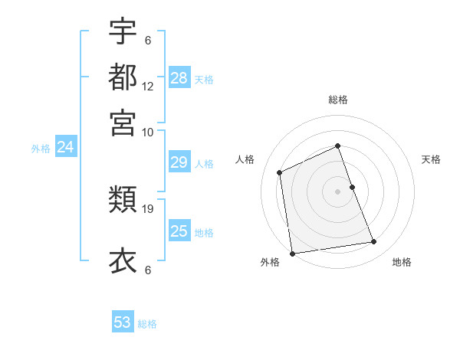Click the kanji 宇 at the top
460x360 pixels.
[x=123, y=32]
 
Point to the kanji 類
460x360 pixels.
[x=123, y=201]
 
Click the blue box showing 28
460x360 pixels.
[x=179, y=78]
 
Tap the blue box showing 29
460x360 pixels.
[x=179, y=162]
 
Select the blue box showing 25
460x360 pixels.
[x=179, y=231]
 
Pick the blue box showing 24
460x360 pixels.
[x=65, y=147]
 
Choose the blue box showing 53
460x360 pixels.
[x=123, y=322]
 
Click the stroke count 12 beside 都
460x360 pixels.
[x=148, y=87]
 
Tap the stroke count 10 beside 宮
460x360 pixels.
[x=148, y=132]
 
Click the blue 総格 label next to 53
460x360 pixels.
[x=147, y=324]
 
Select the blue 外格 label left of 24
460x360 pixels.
[x=41, y=149]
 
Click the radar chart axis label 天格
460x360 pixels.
[x=432, y=159]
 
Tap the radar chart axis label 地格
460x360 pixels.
[x=402, y=262]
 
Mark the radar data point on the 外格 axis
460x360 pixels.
[x=292, y=253]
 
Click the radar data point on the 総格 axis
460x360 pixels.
[x=338, y=146]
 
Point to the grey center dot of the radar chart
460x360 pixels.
[x=338, y=191]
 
